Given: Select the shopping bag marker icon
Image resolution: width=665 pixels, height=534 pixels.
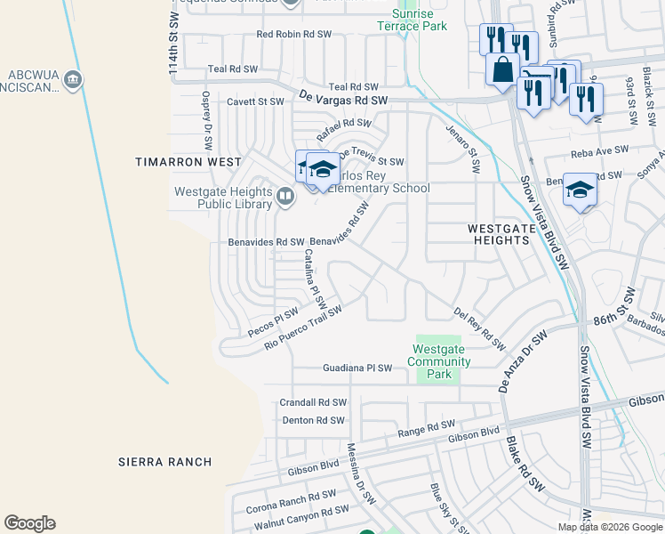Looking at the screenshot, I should click(502, 69).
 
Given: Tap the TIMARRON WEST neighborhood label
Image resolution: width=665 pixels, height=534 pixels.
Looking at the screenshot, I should click(188, 162).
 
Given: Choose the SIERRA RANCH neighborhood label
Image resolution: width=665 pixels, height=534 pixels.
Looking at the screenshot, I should click(165, 461).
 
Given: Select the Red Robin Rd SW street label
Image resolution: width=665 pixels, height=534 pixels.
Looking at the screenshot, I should click(293, 35).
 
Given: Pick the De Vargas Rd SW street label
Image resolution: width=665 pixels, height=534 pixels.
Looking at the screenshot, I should click(344, 101).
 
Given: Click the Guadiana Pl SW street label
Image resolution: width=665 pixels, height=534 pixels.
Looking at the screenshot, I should click(357, 368).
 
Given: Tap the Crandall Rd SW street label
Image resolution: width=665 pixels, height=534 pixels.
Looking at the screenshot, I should click(313, 402).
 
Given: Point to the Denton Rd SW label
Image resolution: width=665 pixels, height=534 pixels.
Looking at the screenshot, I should click(312, 420).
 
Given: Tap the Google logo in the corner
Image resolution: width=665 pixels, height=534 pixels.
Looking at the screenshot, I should click(29, 523).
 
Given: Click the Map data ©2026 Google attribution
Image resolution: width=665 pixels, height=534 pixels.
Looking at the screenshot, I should click(610, 527).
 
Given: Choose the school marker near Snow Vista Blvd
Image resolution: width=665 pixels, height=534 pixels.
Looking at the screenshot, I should click(580, 190).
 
